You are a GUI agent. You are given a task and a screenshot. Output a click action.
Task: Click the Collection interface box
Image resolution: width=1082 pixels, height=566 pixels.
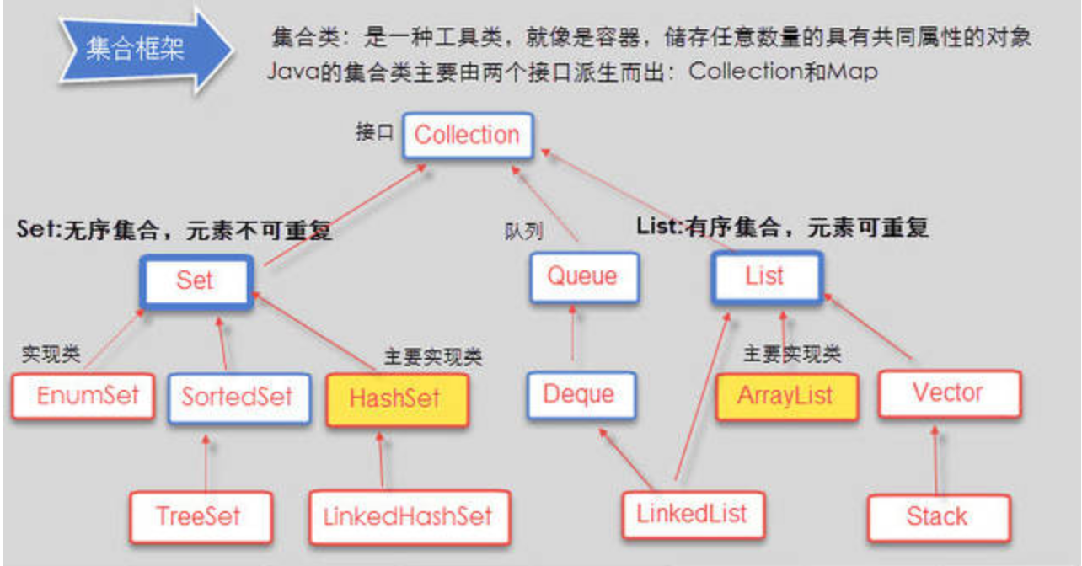[x=468, y=136]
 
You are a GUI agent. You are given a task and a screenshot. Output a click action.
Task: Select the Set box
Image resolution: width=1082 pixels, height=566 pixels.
[x=196, y=281]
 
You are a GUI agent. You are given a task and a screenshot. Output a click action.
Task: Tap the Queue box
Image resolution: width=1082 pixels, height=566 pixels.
[x=584, y=278]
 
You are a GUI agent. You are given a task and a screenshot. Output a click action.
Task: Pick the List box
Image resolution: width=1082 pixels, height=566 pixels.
[x=767, y=277]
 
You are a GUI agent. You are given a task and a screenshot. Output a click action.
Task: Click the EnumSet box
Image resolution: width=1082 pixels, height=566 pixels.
[x=83, y=396]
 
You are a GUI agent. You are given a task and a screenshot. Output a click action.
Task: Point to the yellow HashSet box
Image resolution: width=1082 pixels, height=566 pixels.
[x=398, y=399]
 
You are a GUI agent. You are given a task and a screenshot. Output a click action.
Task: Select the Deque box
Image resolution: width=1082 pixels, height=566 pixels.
[x=581, y=395]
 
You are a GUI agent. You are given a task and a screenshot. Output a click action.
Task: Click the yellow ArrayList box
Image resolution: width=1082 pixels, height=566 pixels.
[x=787, y=397]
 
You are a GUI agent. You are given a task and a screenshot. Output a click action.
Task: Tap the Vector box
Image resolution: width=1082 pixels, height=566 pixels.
[x=950, y=393]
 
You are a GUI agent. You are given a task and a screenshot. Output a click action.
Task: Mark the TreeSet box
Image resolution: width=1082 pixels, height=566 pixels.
[x=201, y=517]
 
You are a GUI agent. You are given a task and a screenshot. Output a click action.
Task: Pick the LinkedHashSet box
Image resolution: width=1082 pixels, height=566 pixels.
[x=410, y=517]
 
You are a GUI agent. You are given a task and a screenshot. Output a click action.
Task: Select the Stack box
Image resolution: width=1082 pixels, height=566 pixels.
[x=939, y=518]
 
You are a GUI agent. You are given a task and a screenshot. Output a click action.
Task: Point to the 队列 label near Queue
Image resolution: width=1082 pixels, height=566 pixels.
[x=523, y=232]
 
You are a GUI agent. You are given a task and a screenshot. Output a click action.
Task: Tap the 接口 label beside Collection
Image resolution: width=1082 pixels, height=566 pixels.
[x=374, y=132]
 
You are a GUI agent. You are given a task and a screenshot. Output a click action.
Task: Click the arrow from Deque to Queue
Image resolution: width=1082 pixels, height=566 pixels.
[x=573, y=334]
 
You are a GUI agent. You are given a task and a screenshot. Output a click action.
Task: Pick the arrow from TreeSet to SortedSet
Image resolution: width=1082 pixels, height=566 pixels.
[x=206, y=463]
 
